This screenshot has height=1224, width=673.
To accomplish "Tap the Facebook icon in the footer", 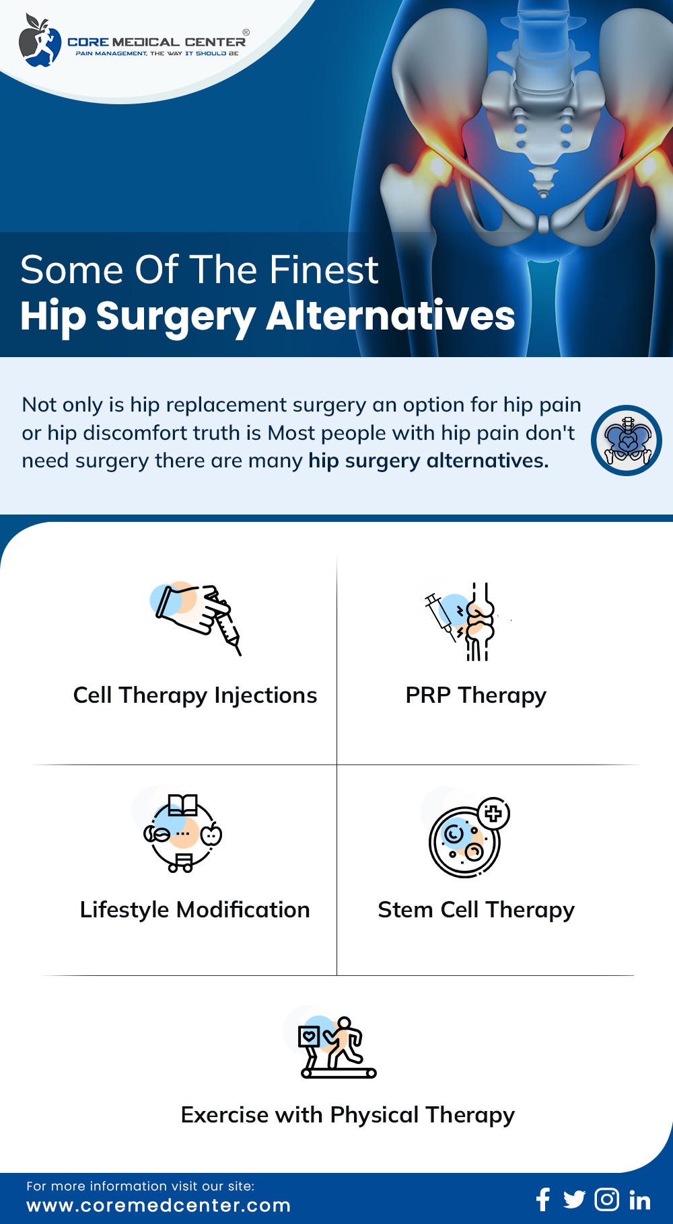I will [543, 1199].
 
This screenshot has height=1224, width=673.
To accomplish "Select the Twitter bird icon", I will [574, 1199].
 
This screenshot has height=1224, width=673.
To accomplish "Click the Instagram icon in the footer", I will [606, 1199].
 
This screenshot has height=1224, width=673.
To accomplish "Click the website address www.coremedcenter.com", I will [158, 1205].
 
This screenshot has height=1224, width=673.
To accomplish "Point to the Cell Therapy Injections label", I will [194, 695].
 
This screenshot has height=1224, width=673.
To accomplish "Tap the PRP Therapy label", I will [476, 695].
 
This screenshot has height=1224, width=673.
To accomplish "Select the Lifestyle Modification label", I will [194, 909].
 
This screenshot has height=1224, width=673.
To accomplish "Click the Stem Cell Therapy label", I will [476, 909].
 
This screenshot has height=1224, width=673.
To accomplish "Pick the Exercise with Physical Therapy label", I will [347, 1114].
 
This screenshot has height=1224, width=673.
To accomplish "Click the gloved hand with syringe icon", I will [197, 616].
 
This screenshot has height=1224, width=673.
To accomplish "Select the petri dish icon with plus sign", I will [468, 838].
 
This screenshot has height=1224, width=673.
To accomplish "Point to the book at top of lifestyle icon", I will [183, 804].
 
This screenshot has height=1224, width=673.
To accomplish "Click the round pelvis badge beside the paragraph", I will [626, 441].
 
